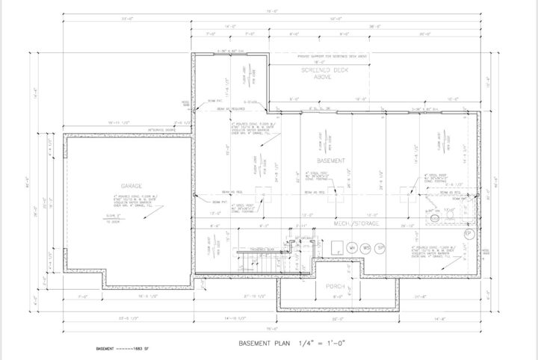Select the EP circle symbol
click(469, 233)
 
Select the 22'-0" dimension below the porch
click(336, 319)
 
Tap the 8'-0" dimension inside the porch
click(336, 297)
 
